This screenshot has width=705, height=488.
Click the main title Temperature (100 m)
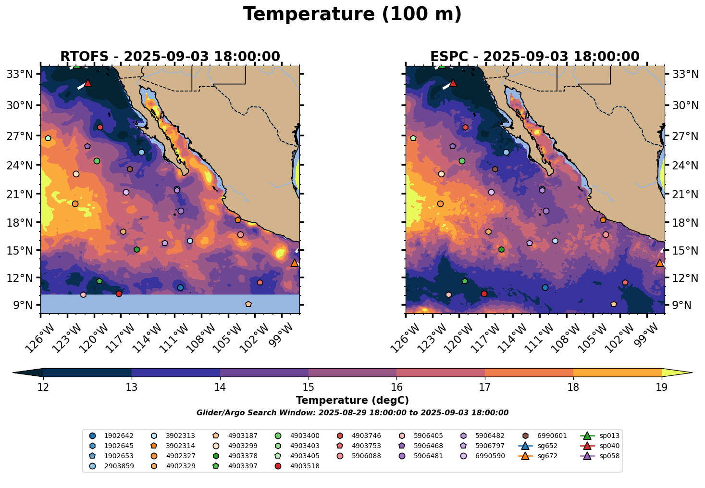coord(352,14)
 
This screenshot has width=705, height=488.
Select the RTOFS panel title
coord(170,57)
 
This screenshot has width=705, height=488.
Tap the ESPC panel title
coord(534,57)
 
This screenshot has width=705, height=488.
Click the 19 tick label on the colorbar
coord(661,387)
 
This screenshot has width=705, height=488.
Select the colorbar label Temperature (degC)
coord(352,400)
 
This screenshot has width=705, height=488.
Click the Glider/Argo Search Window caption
coord(352,413)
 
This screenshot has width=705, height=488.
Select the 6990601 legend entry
coord(544,436)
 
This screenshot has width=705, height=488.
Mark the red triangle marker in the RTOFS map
coord(87,83)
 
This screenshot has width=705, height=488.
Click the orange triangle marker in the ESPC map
coord(659,263)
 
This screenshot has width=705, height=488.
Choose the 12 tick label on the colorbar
coord(43,387)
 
